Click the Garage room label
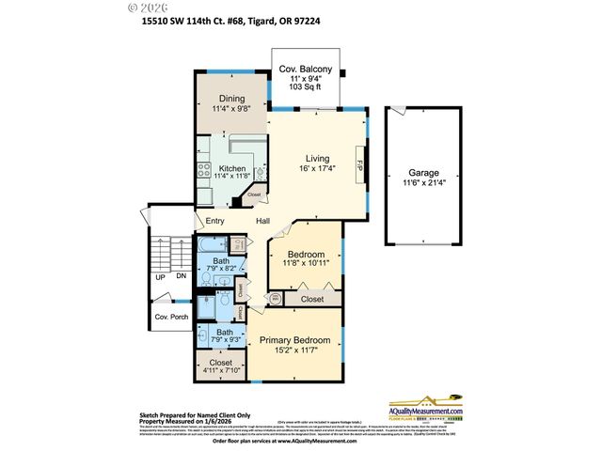[x=424, y=173]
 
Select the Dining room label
[x=232, y=99]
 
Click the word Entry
[x=214, y=222]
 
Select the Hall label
[x=262, y=222]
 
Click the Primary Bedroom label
[x=294, y=339]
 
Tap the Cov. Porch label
[x=171, y=318]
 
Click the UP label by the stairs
[x=160, y=278]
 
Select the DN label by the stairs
[x=181, y=278]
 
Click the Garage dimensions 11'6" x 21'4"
[x=424, y=184]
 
